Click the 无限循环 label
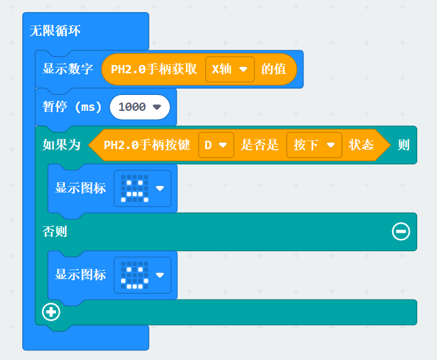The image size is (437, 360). click(55, 31)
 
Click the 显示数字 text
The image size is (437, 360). click(68, 69)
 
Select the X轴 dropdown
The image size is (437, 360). click(229, 69)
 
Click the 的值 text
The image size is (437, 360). click(273, 69)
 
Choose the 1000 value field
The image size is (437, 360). click(140, 107)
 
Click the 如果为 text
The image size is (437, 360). click(62, 145)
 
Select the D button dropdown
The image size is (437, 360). click(215, 145)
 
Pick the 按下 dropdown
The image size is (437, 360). click(313, 145)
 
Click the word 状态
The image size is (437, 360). click(361, 145)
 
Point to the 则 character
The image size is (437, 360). click(403, 145)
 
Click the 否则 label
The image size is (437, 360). click(55, 232)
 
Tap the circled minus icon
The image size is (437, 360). click(401, 231)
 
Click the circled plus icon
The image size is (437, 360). click(51, 312)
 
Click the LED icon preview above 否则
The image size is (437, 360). click(136, 188)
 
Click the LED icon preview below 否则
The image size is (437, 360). click(136, 275)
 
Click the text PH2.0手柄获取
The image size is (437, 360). click(154, 69)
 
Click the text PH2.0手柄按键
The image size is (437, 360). click(147, 145)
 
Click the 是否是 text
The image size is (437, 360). click(259, 145)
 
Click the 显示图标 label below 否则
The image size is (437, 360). click(81, 275)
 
